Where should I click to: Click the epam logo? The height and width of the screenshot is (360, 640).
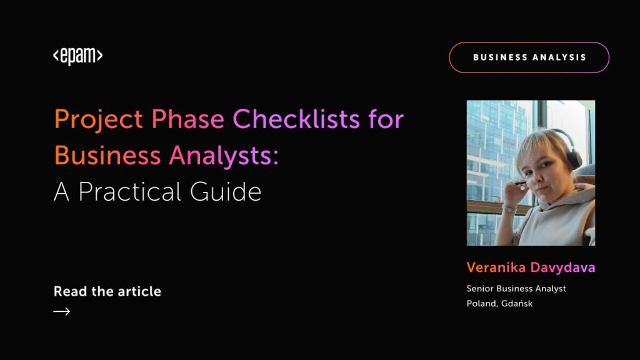(x=78, y=56)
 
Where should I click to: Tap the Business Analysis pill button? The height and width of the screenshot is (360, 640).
(x=529, y=57)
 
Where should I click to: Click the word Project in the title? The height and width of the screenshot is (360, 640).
(x=98, y=120)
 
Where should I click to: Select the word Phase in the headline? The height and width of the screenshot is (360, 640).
(x=187, y=119)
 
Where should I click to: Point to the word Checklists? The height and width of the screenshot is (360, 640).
(x=296, y=119)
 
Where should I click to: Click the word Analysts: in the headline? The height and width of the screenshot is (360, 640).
(x=224, y=156)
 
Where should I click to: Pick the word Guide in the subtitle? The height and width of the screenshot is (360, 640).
(x=226, y=191)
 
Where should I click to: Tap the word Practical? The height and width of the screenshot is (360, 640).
(x=130, y=191)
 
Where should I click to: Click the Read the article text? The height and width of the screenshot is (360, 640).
(x=107, y=291)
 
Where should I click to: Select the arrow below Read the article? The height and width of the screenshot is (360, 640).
(x=62, y=312)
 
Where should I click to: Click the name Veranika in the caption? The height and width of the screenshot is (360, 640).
(x=496, y=267)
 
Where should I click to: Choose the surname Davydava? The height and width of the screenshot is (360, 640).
(x=562, y=267)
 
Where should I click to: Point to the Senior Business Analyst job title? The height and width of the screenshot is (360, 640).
(x=516, y=289)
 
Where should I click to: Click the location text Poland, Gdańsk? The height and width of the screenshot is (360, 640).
(x=499, y=303)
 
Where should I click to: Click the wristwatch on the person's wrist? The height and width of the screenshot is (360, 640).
(x=509, y=209)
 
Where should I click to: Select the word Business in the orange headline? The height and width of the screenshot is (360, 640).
(x=107, y=156)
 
